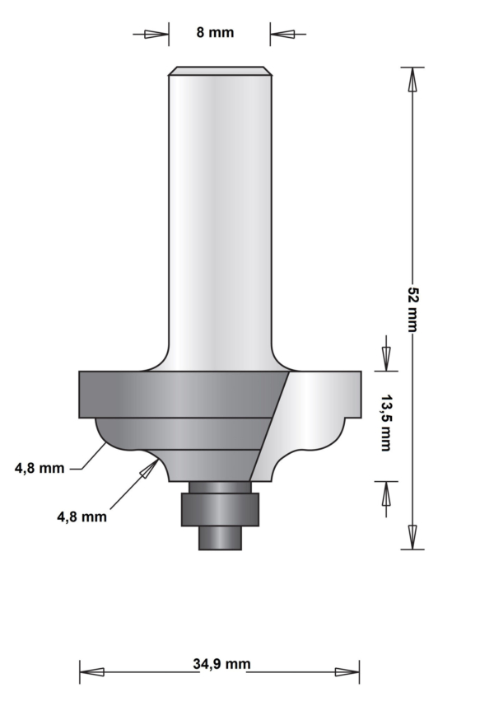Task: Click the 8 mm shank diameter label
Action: (x=215, y=33)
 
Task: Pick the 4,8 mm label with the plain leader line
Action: (x=40, y=468)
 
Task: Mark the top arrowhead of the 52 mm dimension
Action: (x=412, y=79)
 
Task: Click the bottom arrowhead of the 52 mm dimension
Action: (x=412, y=537)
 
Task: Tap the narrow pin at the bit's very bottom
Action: (x=220, y=536)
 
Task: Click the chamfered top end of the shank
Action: (x=219, y=71)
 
